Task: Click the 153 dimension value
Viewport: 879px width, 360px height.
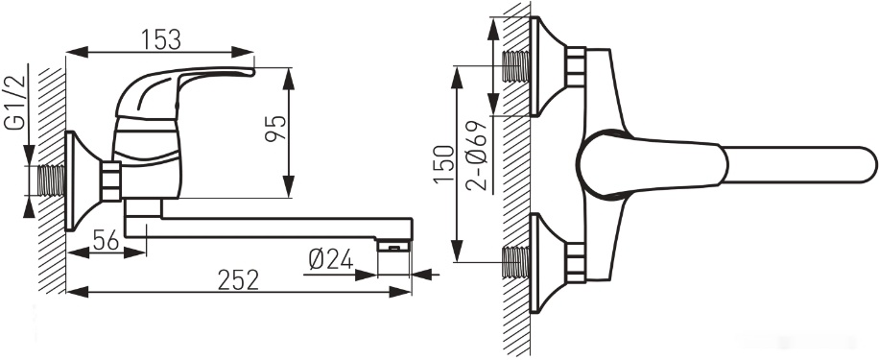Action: [161, 39]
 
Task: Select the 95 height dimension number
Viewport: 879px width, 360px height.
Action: [275, 129]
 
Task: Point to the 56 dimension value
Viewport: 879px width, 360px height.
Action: [106, 241]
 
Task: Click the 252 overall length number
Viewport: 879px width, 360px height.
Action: [238, 279]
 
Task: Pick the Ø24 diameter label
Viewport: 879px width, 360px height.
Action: [331, 259]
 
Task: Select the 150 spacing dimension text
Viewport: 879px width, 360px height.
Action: [444, 164]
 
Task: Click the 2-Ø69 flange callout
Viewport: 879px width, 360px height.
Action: [477, 156]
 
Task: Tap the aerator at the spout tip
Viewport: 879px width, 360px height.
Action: [393, 245]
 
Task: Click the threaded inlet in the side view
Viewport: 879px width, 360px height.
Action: [52, 181]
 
